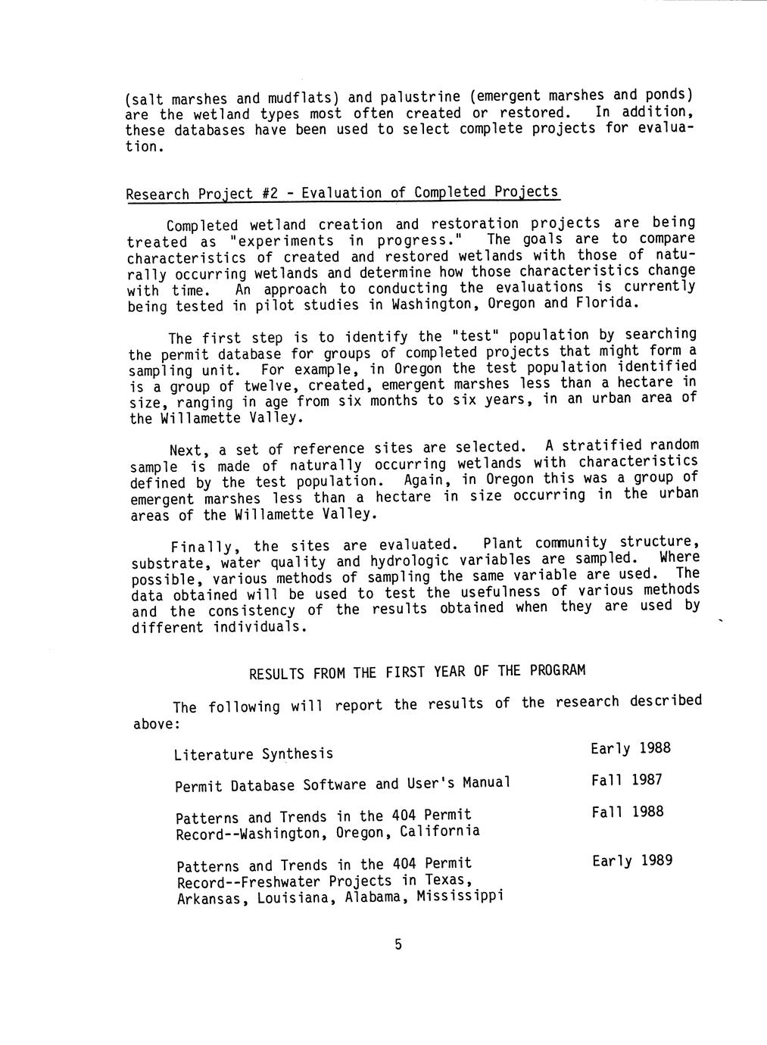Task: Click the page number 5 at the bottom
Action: point(398,944)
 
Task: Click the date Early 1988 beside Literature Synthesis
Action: point(631,749)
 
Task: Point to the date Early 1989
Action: point(632,860)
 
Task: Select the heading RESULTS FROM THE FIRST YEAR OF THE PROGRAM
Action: point(416,672)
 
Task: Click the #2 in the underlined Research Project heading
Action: point(269,194)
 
